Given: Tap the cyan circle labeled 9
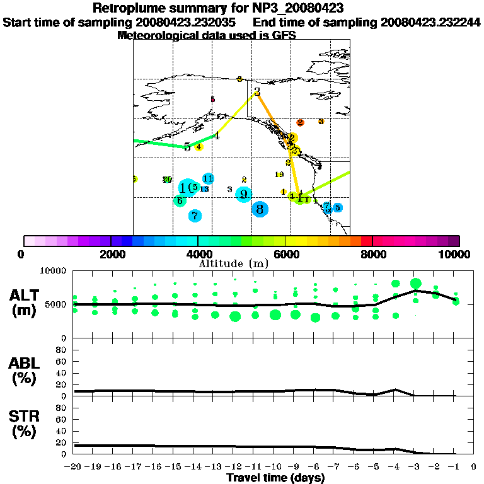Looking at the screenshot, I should tap(243, 194).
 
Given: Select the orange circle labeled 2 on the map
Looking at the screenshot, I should tap(301, 122).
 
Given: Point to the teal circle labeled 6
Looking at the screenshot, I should tap(180, 201).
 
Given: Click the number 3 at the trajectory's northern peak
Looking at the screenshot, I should tap(257, 93).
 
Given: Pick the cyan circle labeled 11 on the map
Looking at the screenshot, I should tap(208, 178).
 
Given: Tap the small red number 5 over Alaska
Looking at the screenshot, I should tap(212, 100).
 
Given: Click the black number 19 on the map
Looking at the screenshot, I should tap(279, 174).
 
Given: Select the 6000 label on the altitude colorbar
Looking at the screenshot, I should tap(285, 254).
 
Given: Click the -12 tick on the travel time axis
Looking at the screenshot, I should tap(234, 467).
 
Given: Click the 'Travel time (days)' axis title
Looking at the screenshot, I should tap(275, 478).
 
